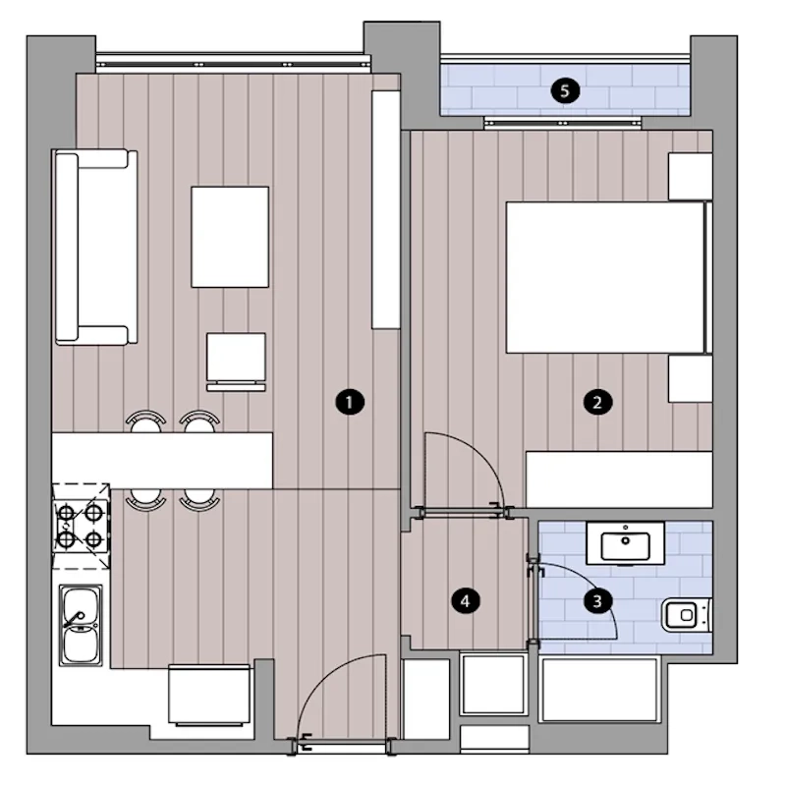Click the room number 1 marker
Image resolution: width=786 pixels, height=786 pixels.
350,402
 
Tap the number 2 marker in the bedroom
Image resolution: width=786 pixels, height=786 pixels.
597,402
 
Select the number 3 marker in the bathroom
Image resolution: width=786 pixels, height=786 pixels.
597,600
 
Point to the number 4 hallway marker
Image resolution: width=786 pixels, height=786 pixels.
466,600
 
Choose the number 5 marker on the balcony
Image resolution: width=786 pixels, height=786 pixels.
565,90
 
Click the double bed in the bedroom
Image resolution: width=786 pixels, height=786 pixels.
609,277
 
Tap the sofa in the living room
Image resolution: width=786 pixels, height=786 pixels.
95,248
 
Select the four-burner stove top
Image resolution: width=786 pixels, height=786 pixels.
81,526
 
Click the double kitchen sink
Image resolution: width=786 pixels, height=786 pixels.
81,625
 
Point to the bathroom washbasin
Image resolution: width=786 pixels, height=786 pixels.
625,543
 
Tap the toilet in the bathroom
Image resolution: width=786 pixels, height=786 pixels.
686,614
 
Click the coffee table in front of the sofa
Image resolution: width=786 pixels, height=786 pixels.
230,237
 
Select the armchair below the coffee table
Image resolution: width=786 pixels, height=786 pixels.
236,362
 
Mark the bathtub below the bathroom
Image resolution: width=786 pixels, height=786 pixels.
599,690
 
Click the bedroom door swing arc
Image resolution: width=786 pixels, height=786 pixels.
481,454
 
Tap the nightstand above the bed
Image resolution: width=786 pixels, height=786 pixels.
691,177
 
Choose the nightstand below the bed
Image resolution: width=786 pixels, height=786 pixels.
691,378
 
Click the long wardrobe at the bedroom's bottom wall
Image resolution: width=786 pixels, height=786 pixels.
619,479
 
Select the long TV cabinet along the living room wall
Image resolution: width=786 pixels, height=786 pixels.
385,209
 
